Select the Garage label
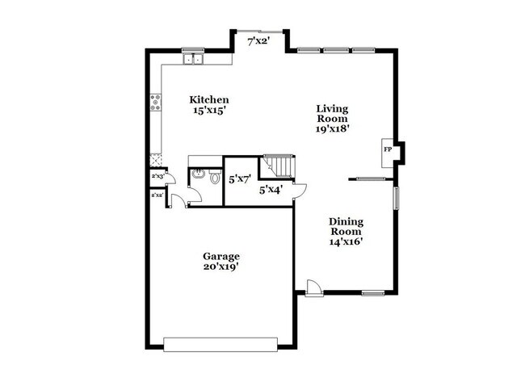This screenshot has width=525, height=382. coord(220,256)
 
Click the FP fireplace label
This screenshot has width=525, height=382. coord(388,150)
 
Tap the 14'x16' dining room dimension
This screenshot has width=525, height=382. coord(346,241)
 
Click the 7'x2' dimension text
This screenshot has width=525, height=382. coord(258,40)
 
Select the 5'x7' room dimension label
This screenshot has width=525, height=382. coord(240,180)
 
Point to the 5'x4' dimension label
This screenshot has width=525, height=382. coord(270,191)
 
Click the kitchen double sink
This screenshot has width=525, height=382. coord(192,58)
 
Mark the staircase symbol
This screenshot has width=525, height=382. coord(279,166)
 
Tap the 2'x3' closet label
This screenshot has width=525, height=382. coord(157,176)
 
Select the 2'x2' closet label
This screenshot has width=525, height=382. coord(157,195)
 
